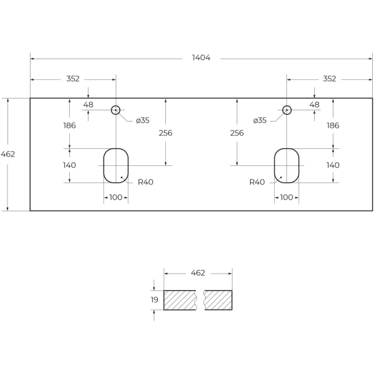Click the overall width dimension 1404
201,58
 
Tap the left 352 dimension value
73,79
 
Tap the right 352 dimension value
329,79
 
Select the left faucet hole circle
115,110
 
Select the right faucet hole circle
287,110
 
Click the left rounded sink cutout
115,165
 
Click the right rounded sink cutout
287,165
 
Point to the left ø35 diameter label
143,120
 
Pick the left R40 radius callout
145,182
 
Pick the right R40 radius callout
257,182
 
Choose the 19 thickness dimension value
155,300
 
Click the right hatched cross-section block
218,300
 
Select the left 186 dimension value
69,125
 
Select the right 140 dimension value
333,165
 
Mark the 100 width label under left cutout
115,198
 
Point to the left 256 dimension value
166,133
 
